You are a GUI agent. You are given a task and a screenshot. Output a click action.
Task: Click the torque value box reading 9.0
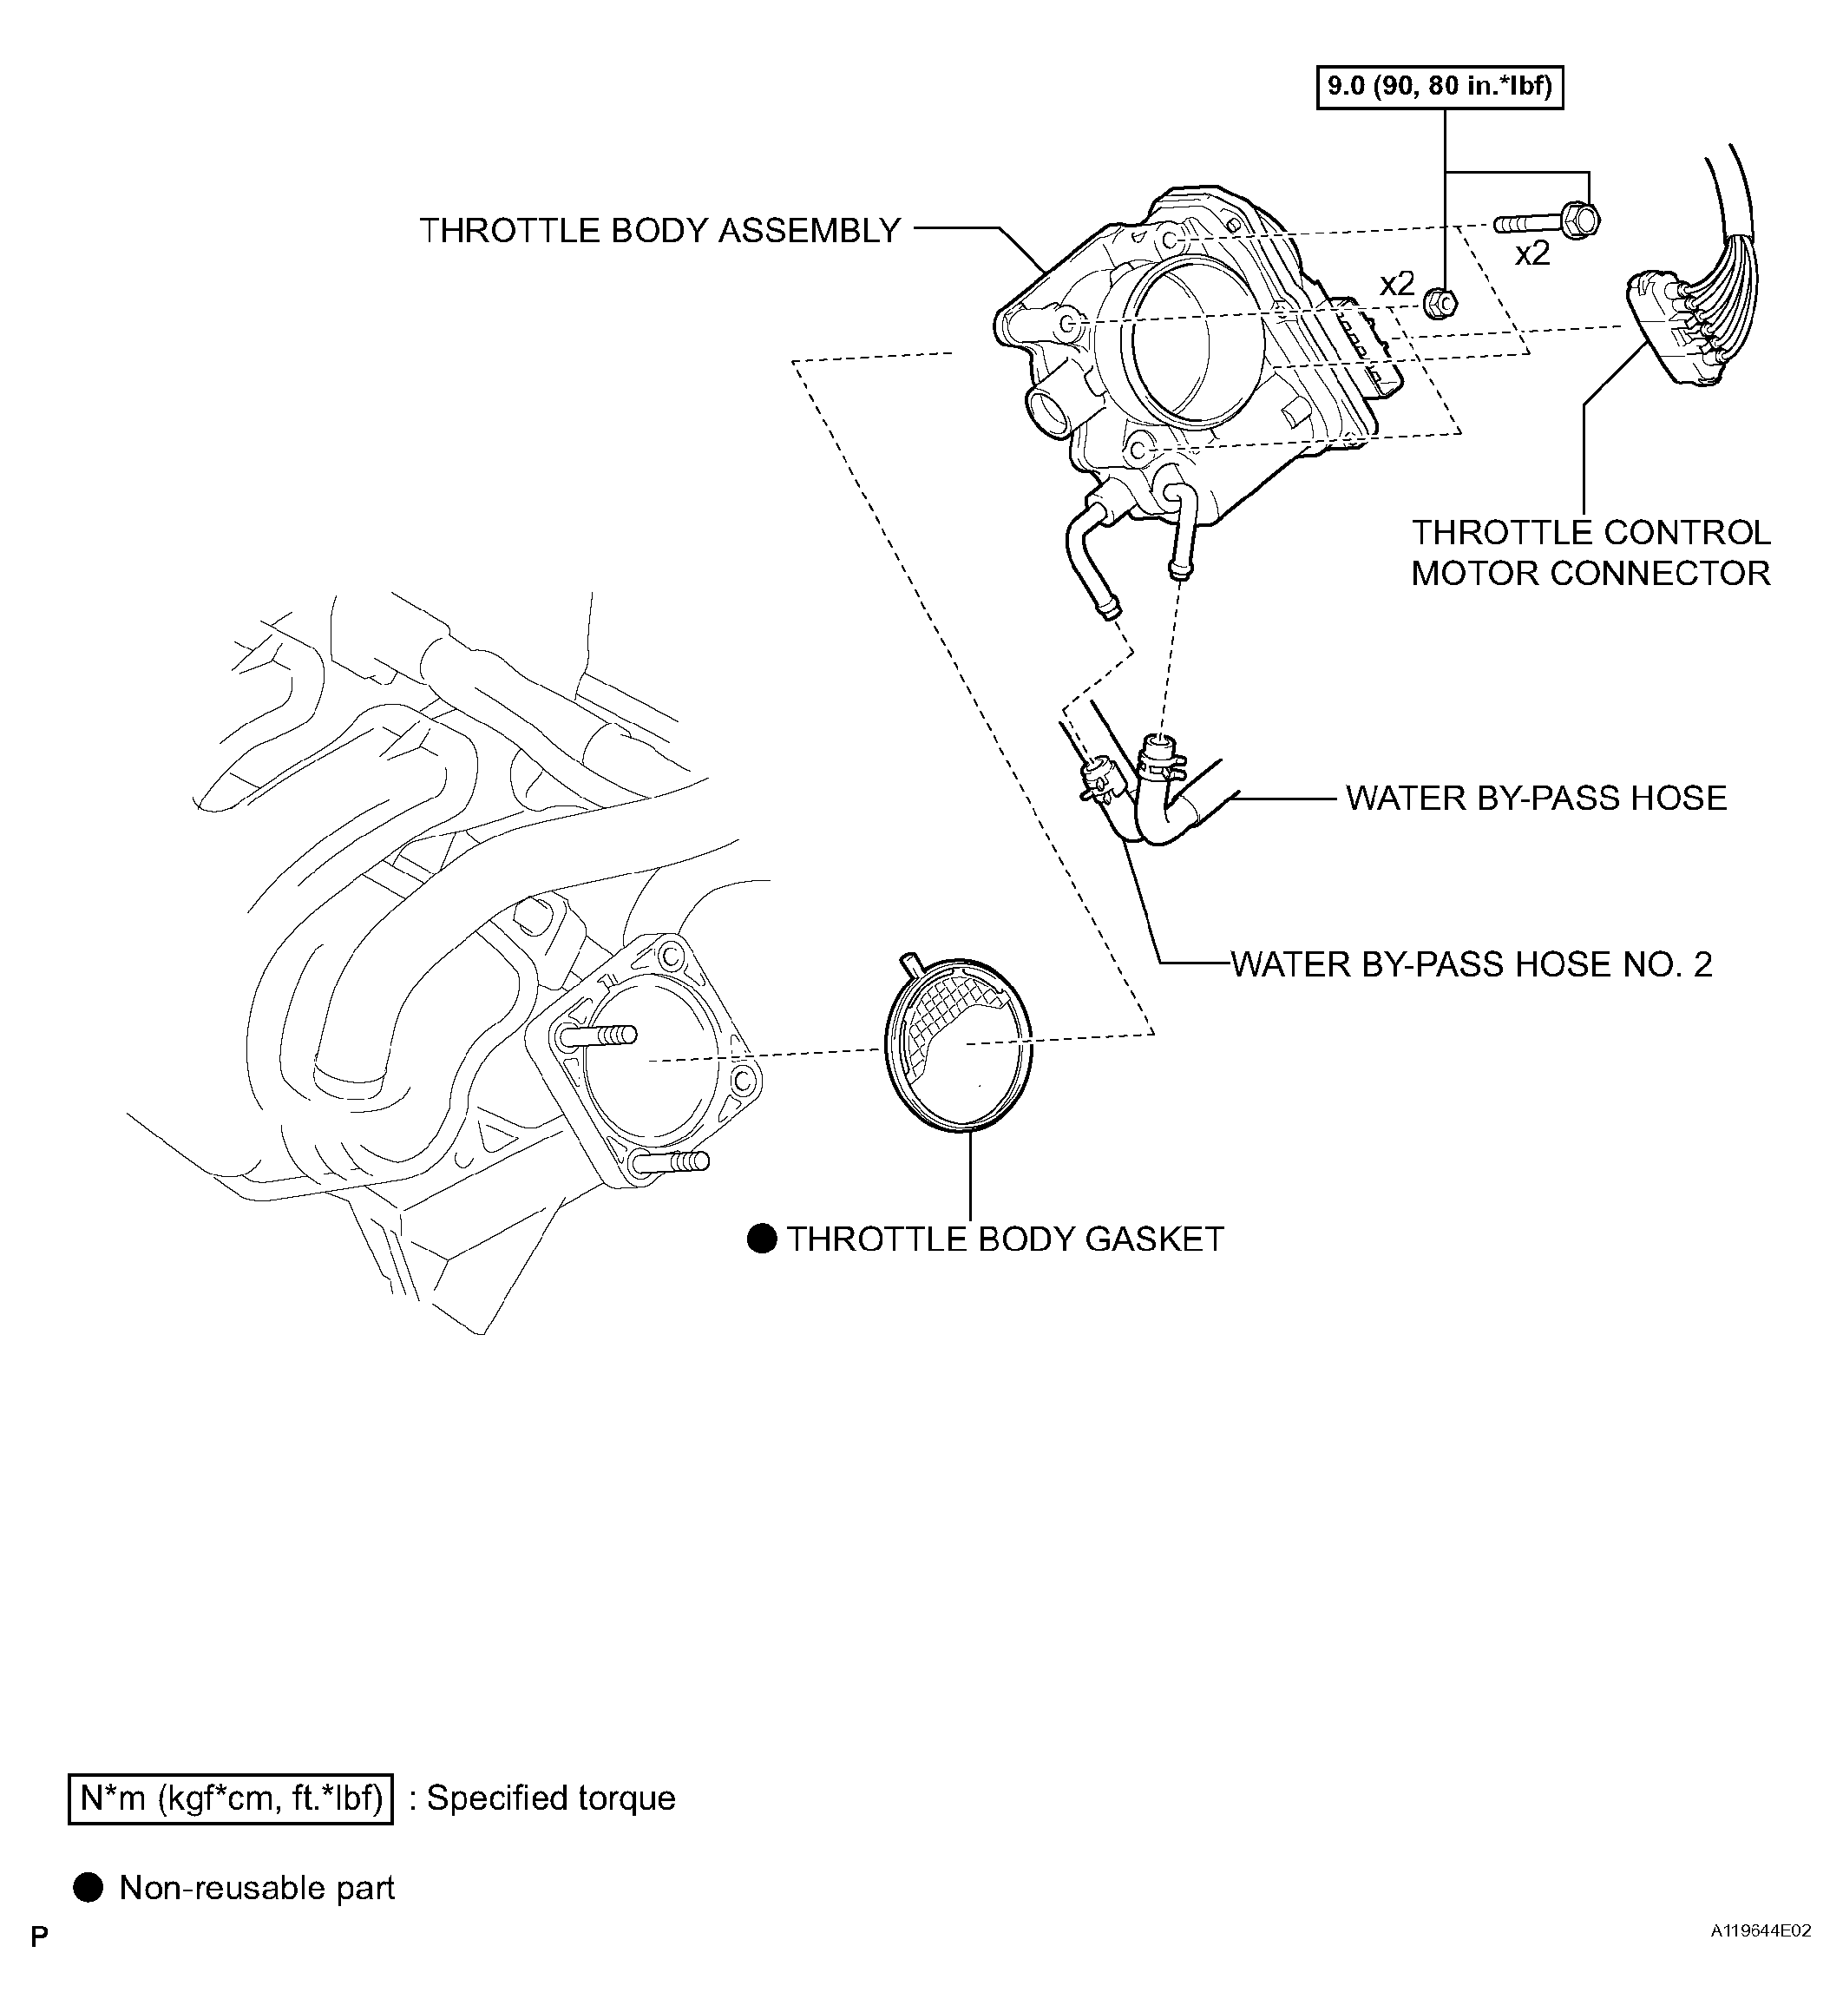(1439, 87)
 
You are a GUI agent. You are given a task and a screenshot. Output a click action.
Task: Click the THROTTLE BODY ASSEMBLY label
(659, 231)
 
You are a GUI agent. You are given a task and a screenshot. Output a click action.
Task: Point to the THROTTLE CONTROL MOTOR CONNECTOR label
(1590, 553)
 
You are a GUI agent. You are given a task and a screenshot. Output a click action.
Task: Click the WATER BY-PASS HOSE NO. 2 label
(1471, 964)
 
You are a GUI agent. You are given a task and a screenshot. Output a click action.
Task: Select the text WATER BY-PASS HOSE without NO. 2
(1536, 799)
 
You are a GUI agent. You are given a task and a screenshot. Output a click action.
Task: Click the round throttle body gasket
(959, 1045)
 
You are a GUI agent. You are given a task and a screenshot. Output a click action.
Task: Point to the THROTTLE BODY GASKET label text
(1005, 1239)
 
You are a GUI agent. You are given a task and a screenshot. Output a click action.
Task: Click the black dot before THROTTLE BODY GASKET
(761, 1239)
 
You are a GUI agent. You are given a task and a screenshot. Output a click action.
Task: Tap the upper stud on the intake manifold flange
(597, 1036)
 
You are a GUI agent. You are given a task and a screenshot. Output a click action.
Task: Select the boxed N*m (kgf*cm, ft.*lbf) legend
(231, 1798)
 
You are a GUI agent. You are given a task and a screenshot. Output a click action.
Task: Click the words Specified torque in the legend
(551, 1798)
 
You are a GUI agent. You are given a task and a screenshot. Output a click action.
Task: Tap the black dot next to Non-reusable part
(89, 1888)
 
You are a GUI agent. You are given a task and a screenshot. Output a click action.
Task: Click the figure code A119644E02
(1761, 1959)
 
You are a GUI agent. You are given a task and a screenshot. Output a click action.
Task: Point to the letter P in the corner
(39, 1965)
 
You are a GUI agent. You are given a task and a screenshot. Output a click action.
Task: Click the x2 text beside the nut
(1396, 285)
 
